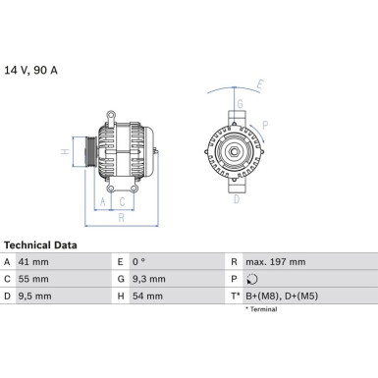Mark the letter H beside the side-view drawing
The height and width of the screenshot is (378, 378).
tap(64, 152)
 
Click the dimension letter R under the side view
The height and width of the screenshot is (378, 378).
tap(121, 218)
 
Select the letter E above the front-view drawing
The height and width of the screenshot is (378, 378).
tap(260, 84)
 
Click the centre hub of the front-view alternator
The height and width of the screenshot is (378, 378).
tap(235, 151)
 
